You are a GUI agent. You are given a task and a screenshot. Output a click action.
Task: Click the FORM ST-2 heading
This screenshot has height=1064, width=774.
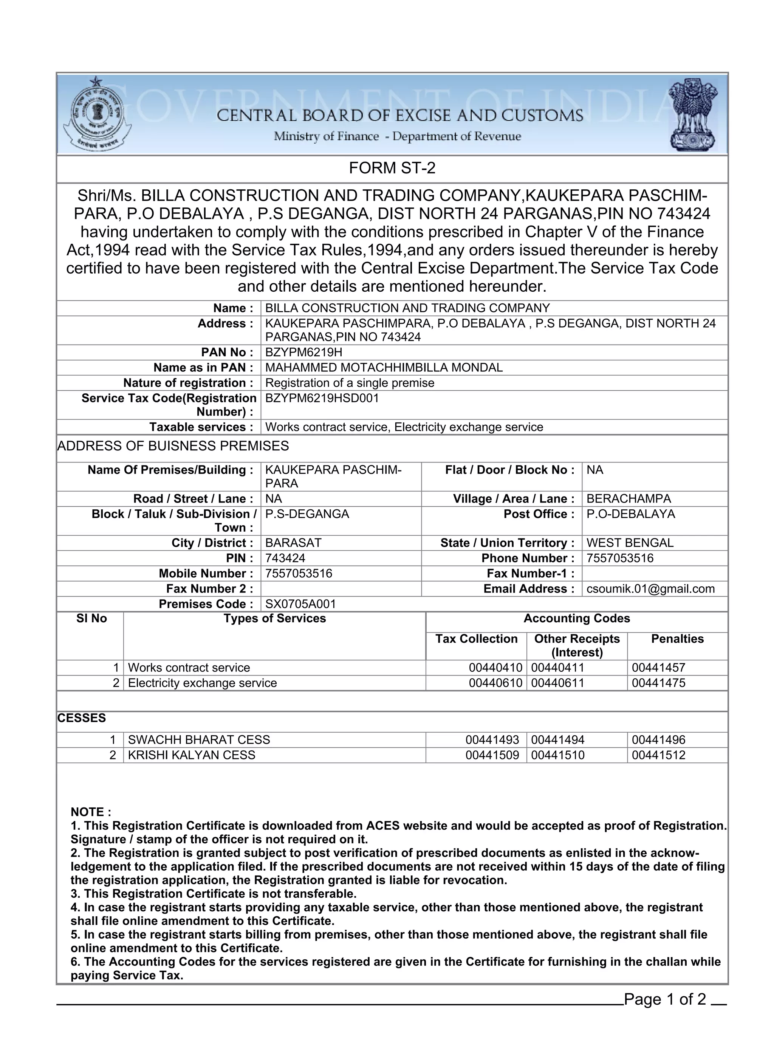click(x=392, y=168)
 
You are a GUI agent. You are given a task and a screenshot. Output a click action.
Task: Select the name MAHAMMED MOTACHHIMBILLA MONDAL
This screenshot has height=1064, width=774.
click(x=384, y=367)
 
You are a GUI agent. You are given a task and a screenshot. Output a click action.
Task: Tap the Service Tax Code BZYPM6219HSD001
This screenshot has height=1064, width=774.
click(x=322, y=398)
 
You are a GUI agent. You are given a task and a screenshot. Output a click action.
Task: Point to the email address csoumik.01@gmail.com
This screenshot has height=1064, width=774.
click(x=650, y=589)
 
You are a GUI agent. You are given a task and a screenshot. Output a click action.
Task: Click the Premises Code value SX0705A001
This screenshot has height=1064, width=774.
click(x=300, y=604)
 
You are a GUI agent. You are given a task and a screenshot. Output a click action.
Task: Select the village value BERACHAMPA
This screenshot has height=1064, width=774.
click(x=628, y=499)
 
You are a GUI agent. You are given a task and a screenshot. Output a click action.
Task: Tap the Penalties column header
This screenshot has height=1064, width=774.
click(x=677, y=639)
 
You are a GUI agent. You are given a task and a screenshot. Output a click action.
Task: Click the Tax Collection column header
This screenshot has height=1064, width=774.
click(x=476, y=639)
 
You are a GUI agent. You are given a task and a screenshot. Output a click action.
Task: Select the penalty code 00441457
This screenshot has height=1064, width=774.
click(x=658, y=668)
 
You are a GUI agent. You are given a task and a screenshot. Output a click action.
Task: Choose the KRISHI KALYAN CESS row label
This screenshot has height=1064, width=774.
click(x=192, y=755)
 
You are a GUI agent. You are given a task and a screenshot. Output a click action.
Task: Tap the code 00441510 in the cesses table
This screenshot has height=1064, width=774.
click(x=557, y=755)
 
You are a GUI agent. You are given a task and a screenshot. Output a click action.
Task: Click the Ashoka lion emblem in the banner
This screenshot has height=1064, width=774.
click(x=692, y=115)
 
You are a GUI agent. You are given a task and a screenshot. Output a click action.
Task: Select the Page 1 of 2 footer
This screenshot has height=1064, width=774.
click(x=665, y=999)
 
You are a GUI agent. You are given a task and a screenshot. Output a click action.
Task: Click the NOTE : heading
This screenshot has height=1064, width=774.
click(x=91, y=812)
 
